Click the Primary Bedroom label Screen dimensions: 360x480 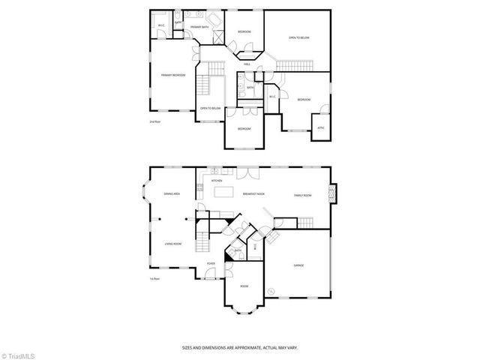172,75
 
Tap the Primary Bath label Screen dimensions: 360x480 199,27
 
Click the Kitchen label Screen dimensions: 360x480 216,181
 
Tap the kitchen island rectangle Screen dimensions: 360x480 225,192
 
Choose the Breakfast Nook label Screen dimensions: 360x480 253,195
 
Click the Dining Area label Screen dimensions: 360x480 172,194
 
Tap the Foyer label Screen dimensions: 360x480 211,264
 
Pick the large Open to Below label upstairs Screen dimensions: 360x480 299,37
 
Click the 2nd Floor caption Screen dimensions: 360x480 155,121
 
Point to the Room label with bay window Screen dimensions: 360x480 244,286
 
